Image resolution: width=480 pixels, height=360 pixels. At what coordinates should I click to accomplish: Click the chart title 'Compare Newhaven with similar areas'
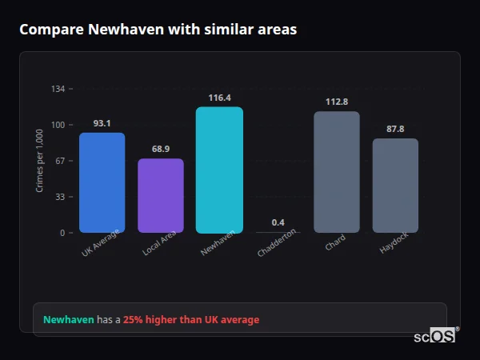point(158,30)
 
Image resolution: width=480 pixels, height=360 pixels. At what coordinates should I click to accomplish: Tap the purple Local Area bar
point(161,196)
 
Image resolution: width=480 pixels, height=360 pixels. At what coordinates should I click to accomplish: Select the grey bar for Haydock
point(395,186)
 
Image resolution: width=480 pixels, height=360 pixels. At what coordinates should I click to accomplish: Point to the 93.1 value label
point(102,123)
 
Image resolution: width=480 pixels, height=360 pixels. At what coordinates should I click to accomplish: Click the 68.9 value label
point(161,150)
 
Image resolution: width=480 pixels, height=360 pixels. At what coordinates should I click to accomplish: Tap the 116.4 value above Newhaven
point(219,98)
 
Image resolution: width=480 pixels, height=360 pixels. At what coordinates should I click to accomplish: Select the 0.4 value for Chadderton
point(278,222)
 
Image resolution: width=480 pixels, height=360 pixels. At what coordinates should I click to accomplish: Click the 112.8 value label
point(337,102)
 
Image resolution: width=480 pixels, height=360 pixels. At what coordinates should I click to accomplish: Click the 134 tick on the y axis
point(58,89)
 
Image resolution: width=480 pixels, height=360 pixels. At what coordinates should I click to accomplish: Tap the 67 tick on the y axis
point(60,161)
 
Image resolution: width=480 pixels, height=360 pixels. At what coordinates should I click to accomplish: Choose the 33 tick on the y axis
point(60,197)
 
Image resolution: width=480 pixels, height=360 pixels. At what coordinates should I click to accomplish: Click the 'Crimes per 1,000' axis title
point(39,161)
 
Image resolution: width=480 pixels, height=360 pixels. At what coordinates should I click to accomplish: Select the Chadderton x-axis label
point(278,242)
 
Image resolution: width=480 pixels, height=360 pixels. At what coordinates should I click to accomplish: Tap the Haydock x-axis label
point(394,244)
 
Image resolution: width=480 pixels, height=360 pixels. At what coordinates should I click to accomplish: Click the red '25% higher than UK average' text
point(191,320)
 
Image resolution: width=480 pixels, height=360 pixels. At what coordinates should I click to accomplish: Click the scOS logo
point(435,337)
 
